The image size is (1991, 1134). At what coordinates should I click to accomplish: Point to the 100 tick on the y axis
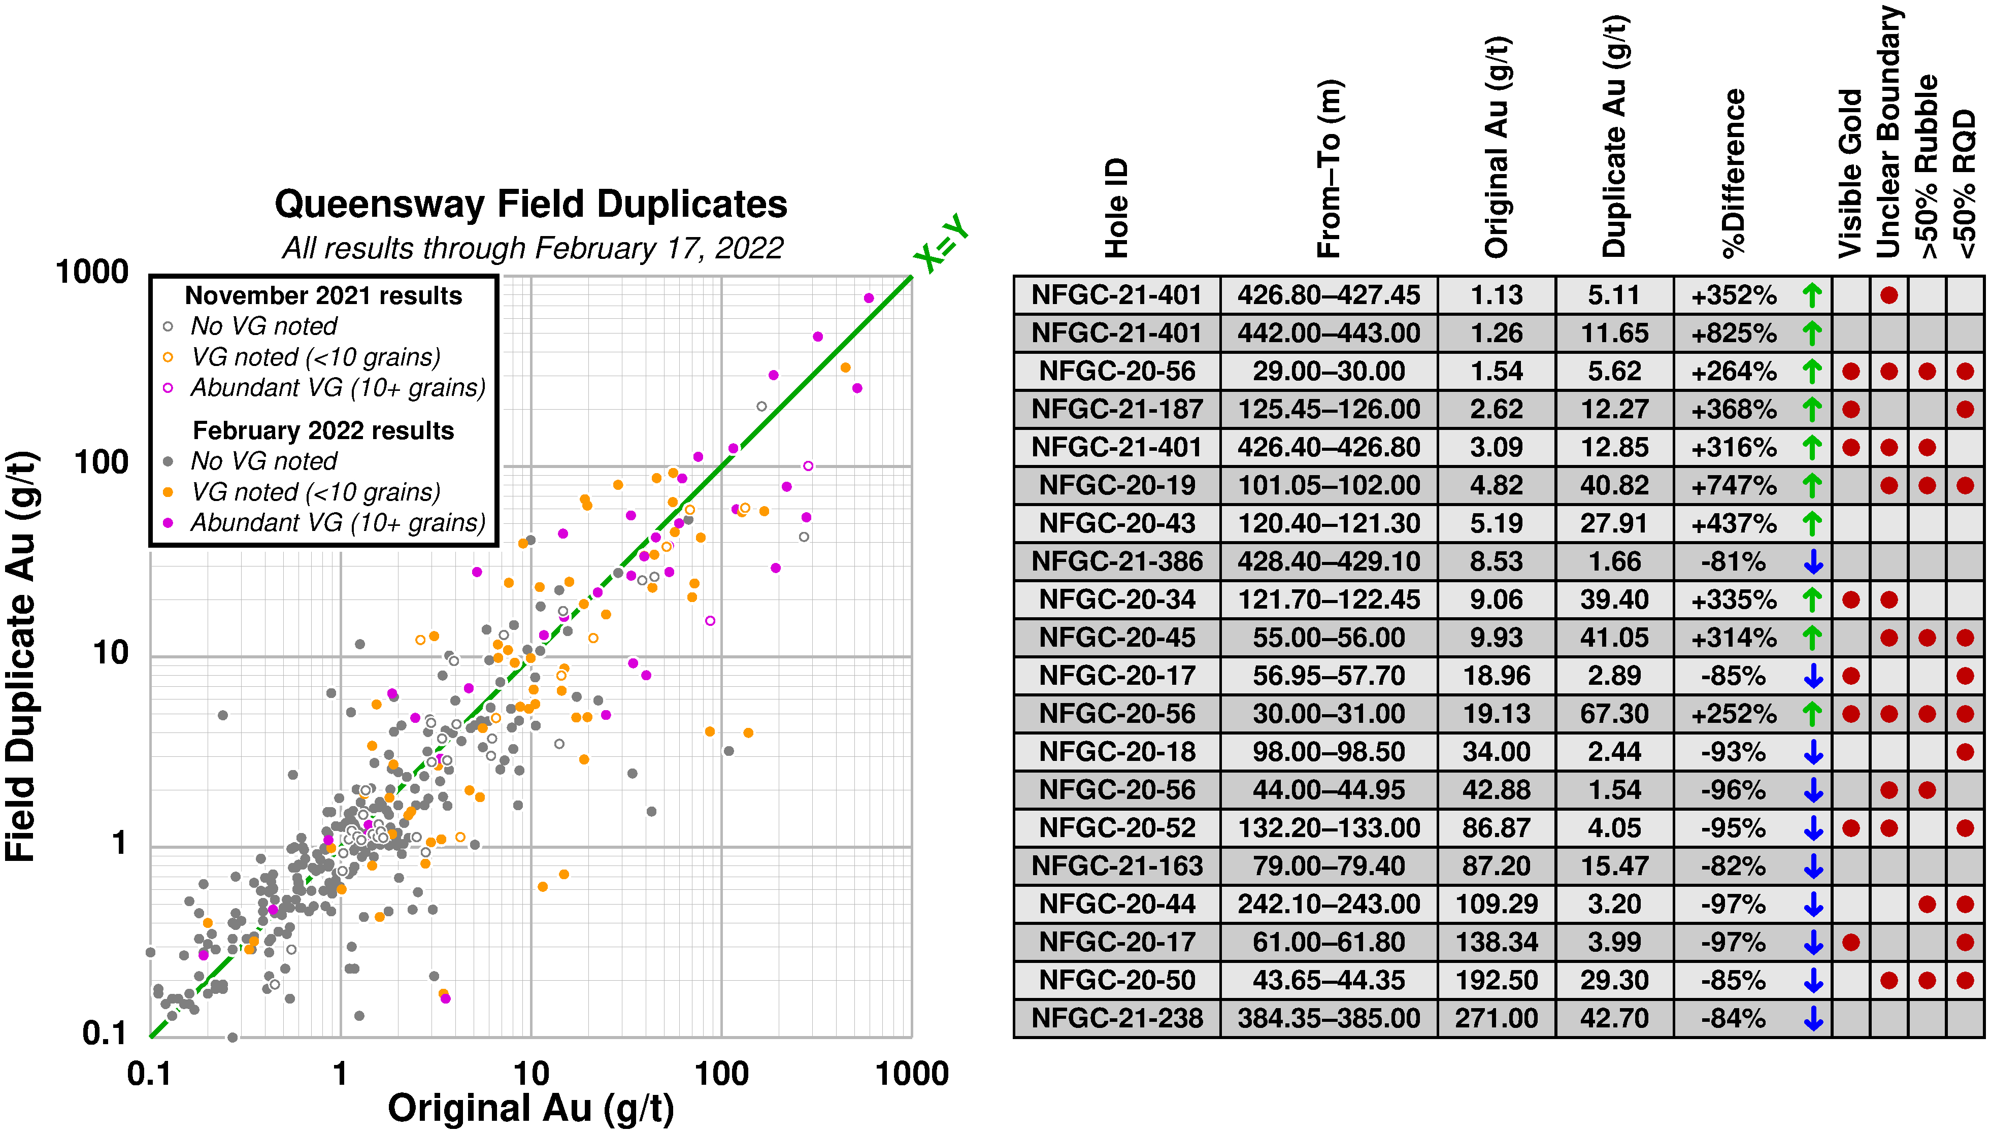(x=101, y=462)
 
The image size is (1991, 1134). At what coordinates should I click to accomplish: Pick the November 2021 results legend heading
(x=323, y=296)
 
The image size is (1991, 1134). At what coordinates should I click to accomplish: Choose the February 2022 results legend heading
(x=323, y=430)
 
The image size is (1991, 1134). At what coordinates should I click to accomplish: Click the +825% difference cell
(x=1733, y=333)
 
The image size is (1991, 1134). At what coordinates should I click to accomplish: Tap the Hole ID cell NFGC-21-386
(x=1117, y=561)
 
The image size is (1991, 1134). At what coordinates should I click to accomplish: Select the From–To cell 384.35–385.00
(x=1329, y=1018)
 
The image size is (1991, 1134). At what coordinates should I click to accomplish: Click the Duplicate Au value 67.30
(x=1614, y=713)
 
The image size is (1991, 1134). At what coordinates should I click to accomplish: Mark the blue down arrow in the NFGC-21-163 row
(x=1813, y=866)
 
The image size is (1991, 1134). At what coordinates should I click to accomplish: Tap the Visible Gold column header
(x=1850, y=174)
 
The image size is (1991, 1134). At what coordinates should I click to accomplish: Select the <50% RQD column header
(x=1965, y=184)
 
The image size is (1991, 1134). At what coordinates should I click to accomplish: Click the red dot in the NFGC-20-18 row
(x=1965, y=752)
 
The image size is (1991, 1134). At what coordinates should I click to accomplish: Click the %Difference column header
(x=1733, y=174)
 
